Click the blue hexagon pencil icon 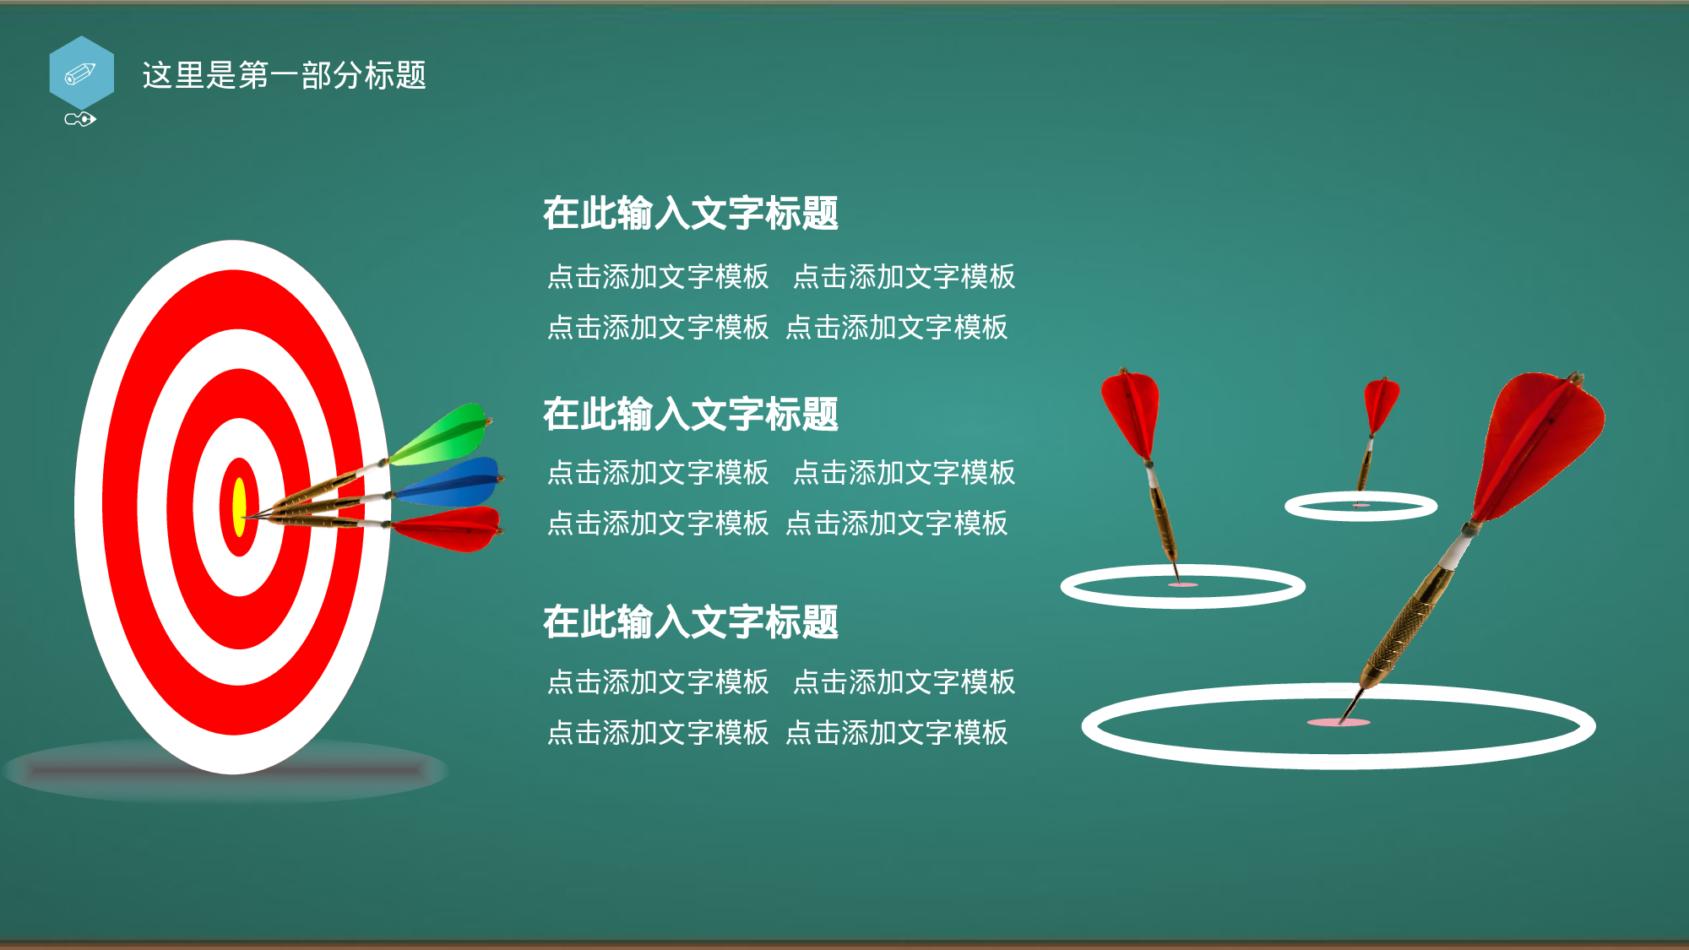pos(81,73)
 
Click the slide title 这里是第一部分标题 pos(284,75)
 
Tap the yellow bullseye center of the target pos(239,507)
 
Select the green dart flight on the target pos(443,435)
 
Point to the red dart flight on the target pos(452,529)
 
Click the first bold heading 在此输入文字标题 pos(690,213)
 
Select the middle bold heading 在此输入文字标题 pos(690,414)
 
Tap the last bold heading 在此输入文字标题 pos(690,622)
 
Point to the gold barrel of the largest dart pos(1406,625)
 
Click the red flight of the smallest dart pos(1381,401)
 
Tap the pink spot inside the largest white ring pos(1339,723)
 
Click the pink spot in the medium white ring pos(1183,584)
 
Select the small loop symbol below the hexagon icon pos(80,119)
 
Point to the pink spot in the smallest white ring pos(1360,505)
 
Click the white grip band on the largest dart pos(1457,553)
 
